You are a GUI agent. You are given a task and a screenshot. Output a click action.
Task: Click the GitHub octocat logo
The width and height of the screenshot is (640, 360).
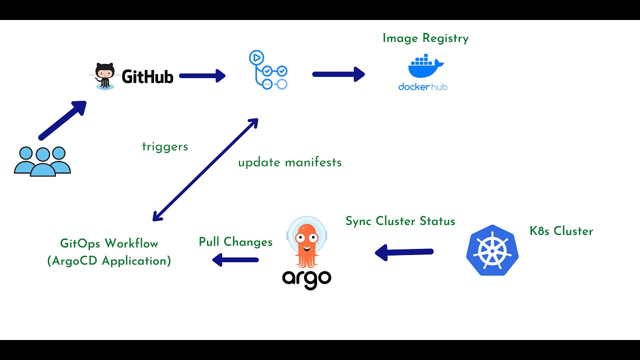pyautogui.click(x=105, y=76)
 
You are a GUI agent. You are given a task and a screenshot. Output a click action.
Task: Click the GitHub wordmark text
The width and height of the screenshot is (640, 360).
pyautogui.click(x=147, y=76)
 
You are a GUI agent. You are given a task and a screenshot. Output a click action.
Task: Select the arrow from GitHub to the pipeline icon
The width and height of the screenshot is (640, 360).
pyautogui.click(x=202, y=76)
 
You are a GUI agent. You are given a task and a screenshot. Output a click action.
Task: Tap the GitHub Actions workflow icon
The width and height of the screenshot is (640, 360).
pyautogui.click(x=268, y=70)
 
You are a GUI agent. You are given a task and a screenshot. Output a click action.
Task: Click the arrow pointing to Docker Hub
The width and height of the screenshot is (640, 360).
pyautogui.click(x=338, y=74)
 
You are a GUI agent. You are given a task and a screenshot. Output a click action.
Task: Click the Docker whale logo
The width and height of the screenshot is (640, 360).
pyautogui.click(x=425, y=68)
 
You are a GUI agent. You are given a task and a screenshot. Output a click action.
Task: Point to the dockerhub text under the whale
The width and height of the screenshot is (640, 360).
pyautogui.click(x=422, y=87)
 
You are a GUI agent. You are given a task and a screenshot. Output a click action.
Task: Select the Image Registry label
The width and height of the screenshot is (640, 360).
pyautogui.click(x=425, y=38)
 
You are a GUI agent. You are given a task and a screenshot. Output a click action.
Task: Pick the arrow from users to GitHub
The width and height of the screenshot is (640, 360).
pyautogui.click(x=62, y=120)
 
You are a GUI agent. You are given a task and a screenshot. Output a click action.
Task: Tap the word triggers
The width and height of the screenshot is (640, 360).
pyautogui.click(x=165, y=146)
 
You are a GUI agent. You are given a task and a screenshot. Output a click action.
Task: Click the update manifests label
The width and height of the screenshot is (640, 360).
pyautogui.click(x=289, y=162)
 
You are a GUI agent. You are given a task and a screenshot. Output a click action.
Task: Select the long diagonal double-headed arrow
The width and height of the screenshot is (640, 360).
pyautogui.click(x=205, y=170)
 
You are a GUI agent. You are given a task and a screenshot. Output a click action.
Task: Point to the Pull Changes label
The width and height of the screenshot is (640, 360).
pyautogui.click(x=235, y=242)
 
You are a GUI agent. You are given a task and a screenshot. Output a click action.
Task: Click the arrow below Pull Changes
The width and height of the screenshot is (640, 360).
pyautogui.click(x=235, y=260)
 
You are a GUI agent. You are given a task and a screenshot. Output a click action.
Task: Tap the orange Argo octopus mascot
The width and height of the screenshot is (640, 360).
pyautogui.click(x=306, y=242)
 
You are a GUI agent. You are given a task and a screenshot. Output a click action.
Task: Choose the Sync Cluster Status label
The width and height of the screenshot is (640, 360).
pyautogui.click(x=400, y=221)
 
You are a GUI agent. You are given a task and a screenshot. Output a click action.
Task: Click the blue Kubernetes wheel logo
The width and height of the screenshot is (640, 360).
pyautogui.click(x=492, y=250)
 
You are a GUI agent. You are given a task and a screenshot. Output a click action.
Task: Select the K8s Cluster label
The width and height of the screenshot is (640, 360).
pyautogui.click(x=561, y=231)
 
